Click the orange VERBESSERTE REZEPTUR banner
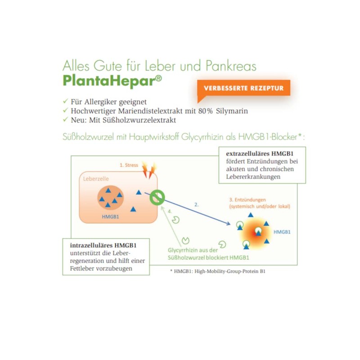243,88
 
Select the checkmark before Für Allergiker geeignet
66,101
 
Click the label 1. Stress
129,165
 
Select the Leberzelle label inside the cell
96,179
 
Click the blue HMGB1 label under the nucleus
111,216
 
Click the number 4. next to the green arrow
170,211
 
